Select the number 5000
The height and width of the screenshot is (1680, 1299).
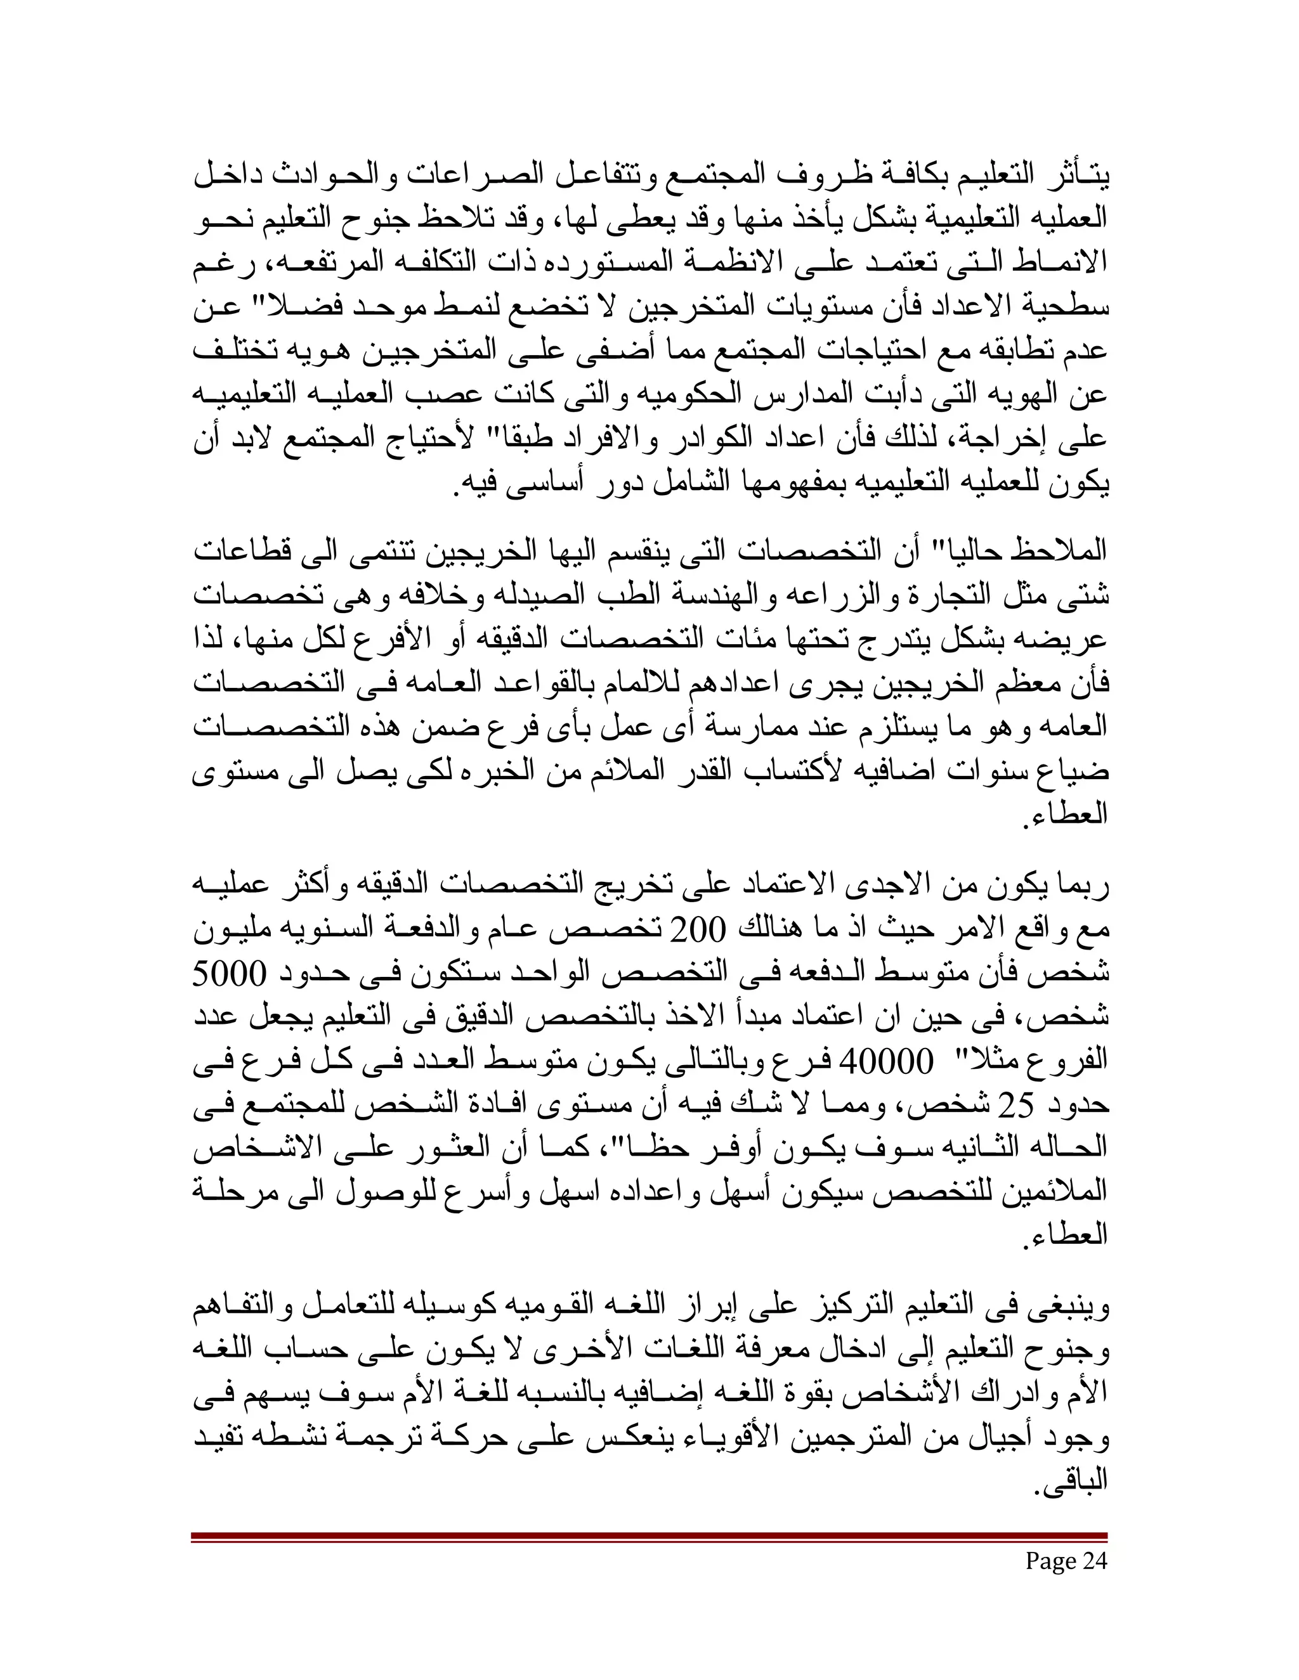coord(228,974)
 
